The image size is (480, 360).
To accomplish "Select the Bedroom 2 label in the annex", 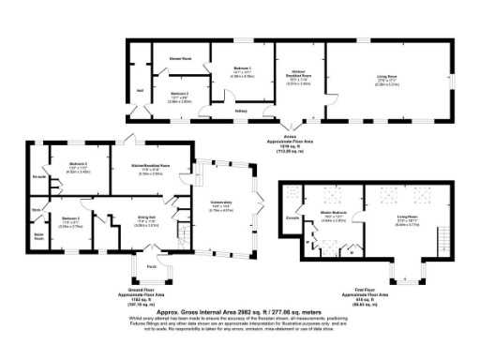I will [181, 93].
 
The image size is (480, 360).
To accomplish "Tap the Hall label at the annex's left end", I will [141, 91].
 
